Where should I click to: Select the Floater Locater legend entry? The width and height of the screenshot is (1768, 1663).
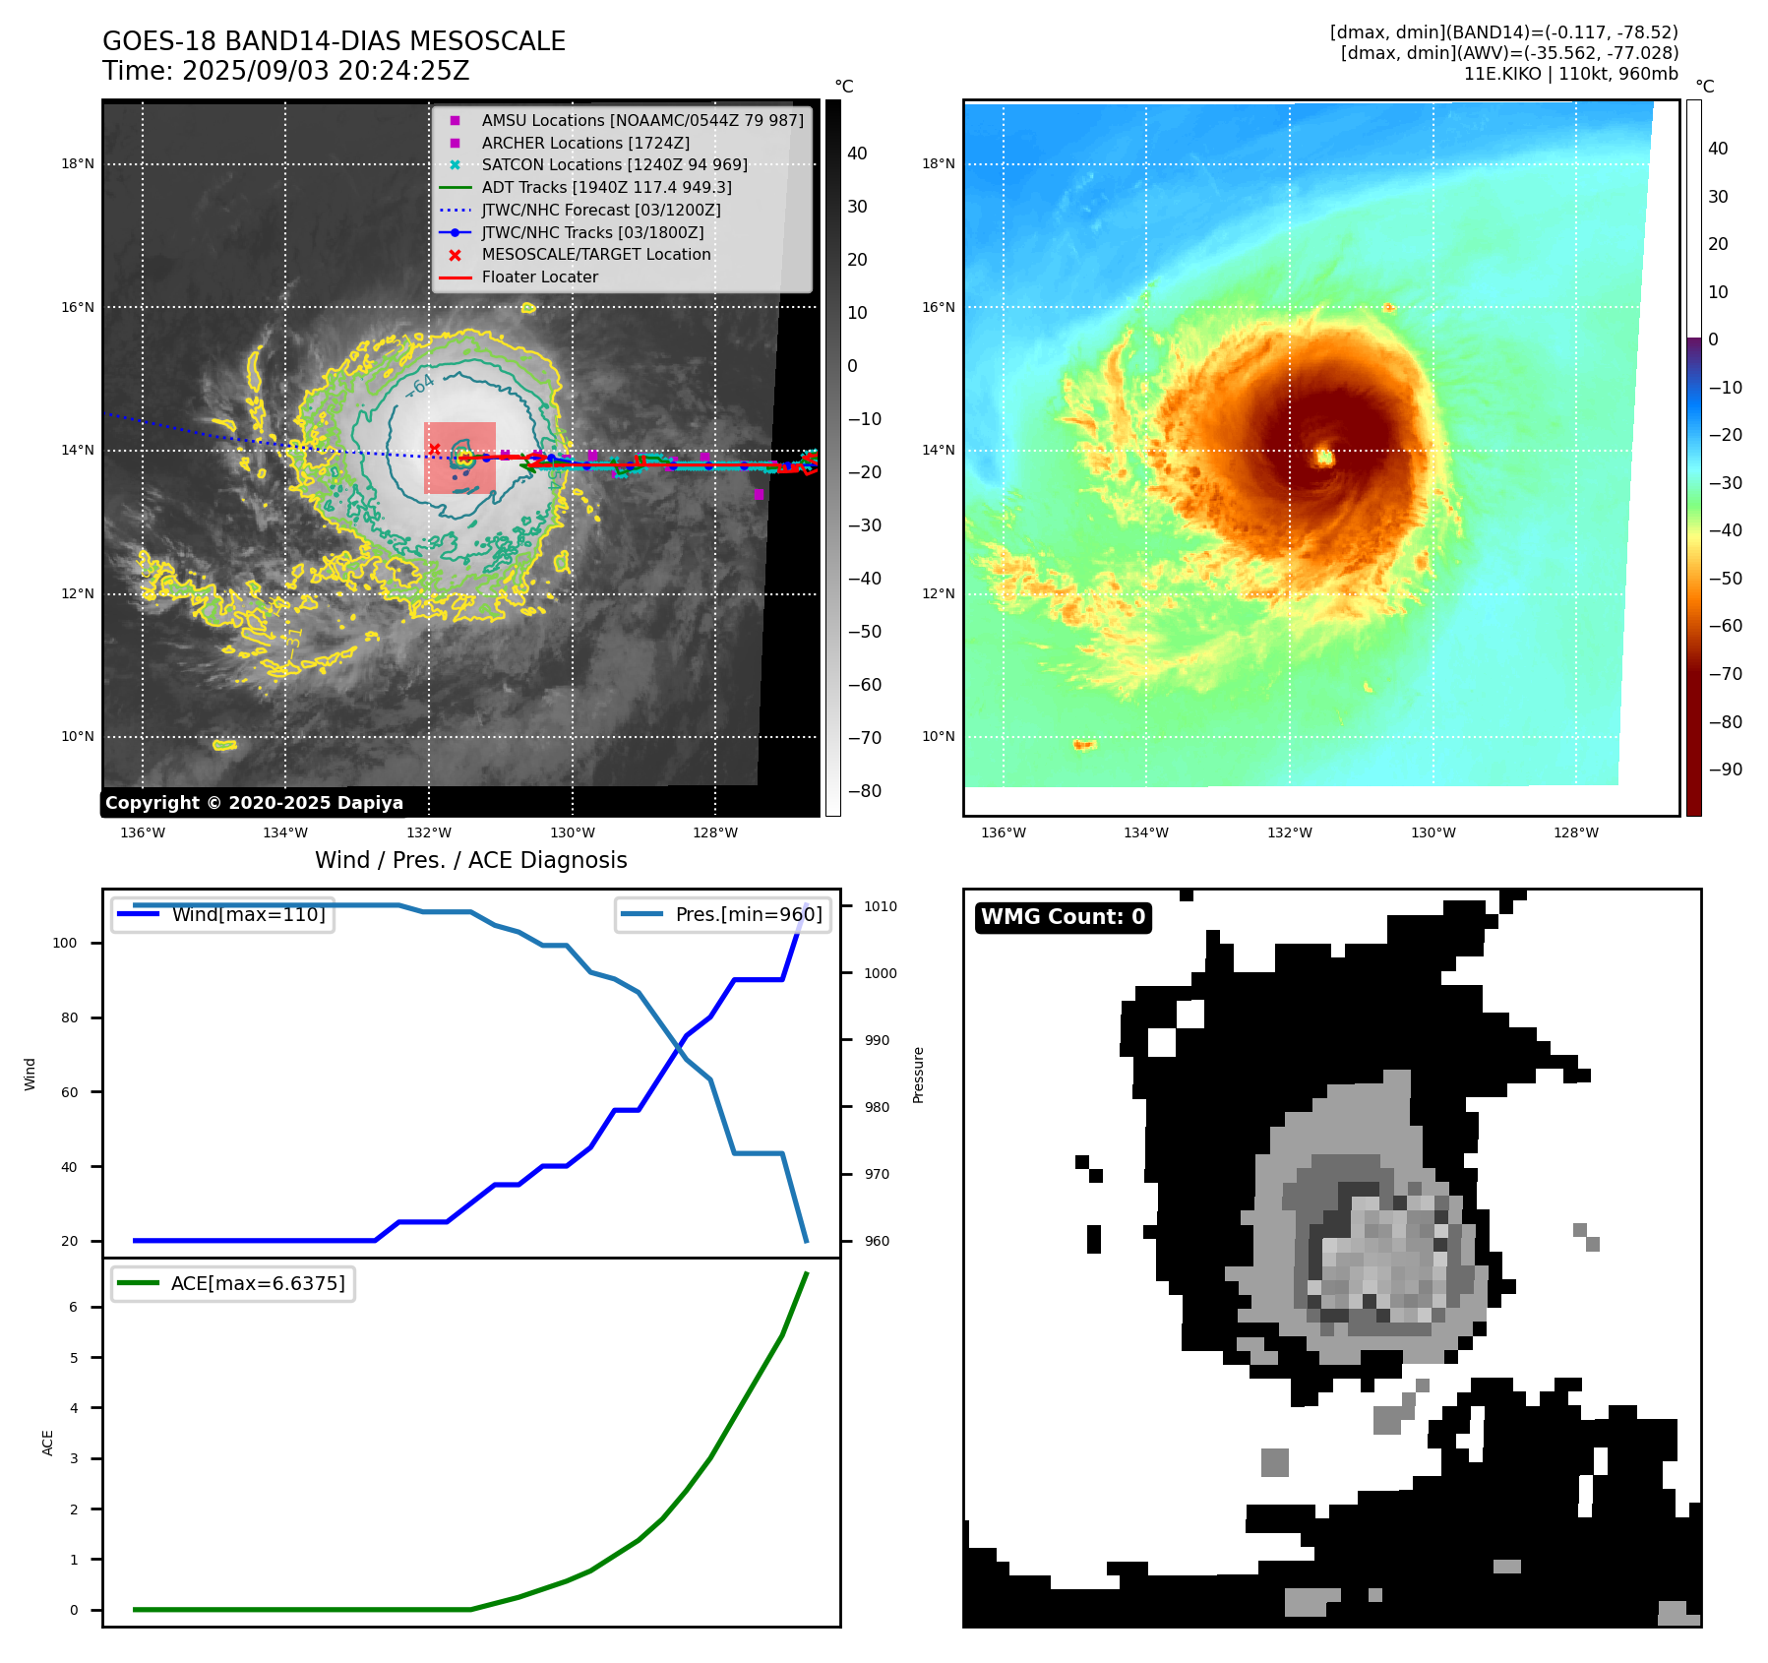539,277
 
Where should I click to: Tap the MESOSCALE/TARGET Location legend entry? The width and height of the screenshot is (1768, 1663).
595,255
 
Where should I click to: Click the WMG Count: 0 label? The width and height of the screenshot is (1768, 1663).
1063,917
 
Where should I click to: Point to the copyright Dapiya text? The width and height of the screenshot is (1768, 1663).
254,803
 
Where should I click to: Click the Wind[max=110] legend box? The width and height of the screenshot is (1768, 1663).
222,914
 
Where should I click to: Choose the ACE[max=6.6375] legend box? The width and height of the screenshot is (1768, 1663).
233,1283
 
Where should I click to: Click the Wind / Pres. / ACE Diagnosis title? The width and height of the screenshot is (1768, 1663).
470,860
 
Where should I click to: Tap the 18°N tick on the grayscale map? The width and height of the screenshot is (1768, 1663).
78,164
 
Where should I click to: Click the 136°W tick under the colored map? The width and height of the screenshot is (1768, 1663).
1003,832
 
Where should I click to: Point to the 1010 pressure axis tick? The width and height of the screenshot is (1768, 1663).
881,906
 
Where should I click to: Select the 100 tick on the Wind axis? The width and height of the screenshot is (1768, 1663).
65,943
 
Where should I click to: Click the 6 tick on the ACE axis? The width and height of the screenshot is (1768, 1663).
73,1307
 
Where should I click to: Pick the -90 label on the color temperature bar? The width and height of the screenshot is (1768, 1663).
1725,770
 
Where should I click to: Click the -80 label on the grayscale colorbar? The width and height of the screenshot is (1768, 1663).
865,791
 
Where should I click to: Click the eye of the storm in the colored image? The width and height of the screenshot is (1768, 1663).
1324,457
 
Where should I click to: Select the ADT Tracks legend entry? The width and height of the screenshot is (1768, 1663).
606,187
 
